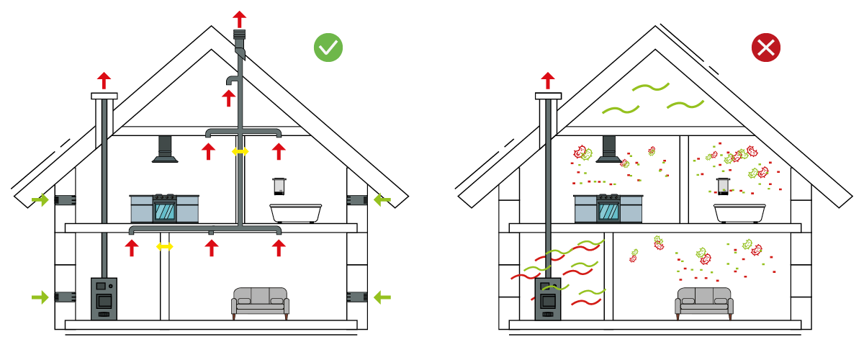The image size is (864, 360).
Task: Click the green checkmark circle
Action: coord(328,48)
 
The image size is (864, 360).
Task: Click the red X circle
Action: coord(766,48)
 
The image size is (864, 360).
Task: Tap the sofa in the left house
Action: coord(260,302)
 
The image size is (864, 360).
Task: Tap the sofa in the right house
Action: coord(703,302)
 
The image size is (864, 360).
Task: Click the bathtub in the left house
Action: coord(296,212)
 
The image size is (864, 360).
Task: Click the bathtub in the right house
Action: coord(739,212)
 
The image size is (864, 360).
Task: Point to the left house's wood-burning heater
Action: coord(104,298)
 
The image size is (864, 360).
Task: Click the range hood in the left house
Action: coord(165,150)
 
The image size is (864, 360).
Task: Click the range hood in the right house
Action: coord(608,150)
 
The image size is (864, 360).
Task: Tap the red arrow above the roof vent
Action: coord(239,18)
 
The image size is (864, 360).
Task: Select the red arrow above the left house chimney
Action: coord(104,79)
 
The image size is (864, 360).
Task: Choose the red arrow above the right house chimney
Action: coord(548,79)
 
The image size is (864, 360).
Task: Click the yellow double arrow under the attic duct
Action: coord(240,151)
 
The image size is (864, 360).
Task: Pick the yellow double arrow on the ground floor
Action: coord(165,247)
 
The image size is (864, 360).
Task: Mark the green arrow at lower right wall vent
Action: coord(382,296)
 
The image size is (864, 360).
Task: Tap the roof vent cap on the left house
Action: coord(240,36)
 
